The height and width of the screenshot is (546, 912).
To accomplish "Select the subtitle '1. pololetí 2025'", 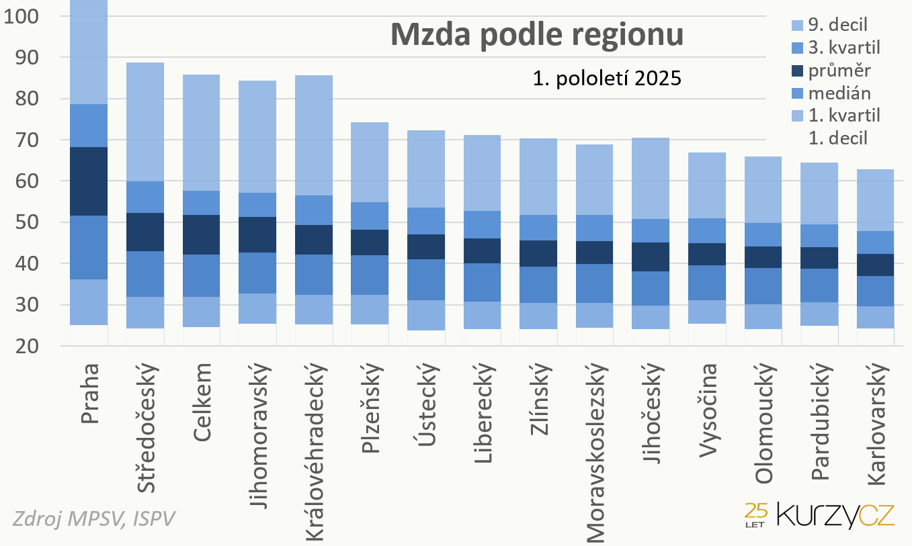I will (x=606, y=79).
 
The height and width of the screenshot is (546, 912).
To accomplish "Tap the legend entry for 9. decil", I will (x=837, y=25).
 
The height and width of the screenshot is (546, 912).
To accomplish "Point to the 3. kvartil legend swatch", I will (x=797, y=48).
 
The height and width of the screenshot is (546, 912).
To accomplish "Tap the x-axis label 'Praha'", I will (x=89, y=394).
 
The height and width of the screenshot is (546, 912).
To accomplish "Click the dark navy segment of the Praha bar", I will (x=89, y=181).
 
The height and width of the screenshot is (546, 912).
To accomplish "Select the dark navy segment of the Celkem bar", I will (x=202, y=234).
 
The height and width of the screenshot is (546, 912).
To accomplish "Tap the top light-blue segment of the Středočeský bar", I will (x=145, y=122).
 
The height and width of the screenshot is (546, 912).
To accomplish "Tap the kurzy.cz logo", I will (x=819, y=515).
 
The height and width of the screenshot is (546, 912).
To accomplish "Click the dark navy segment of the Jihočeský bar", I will (x=651, y=257).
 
